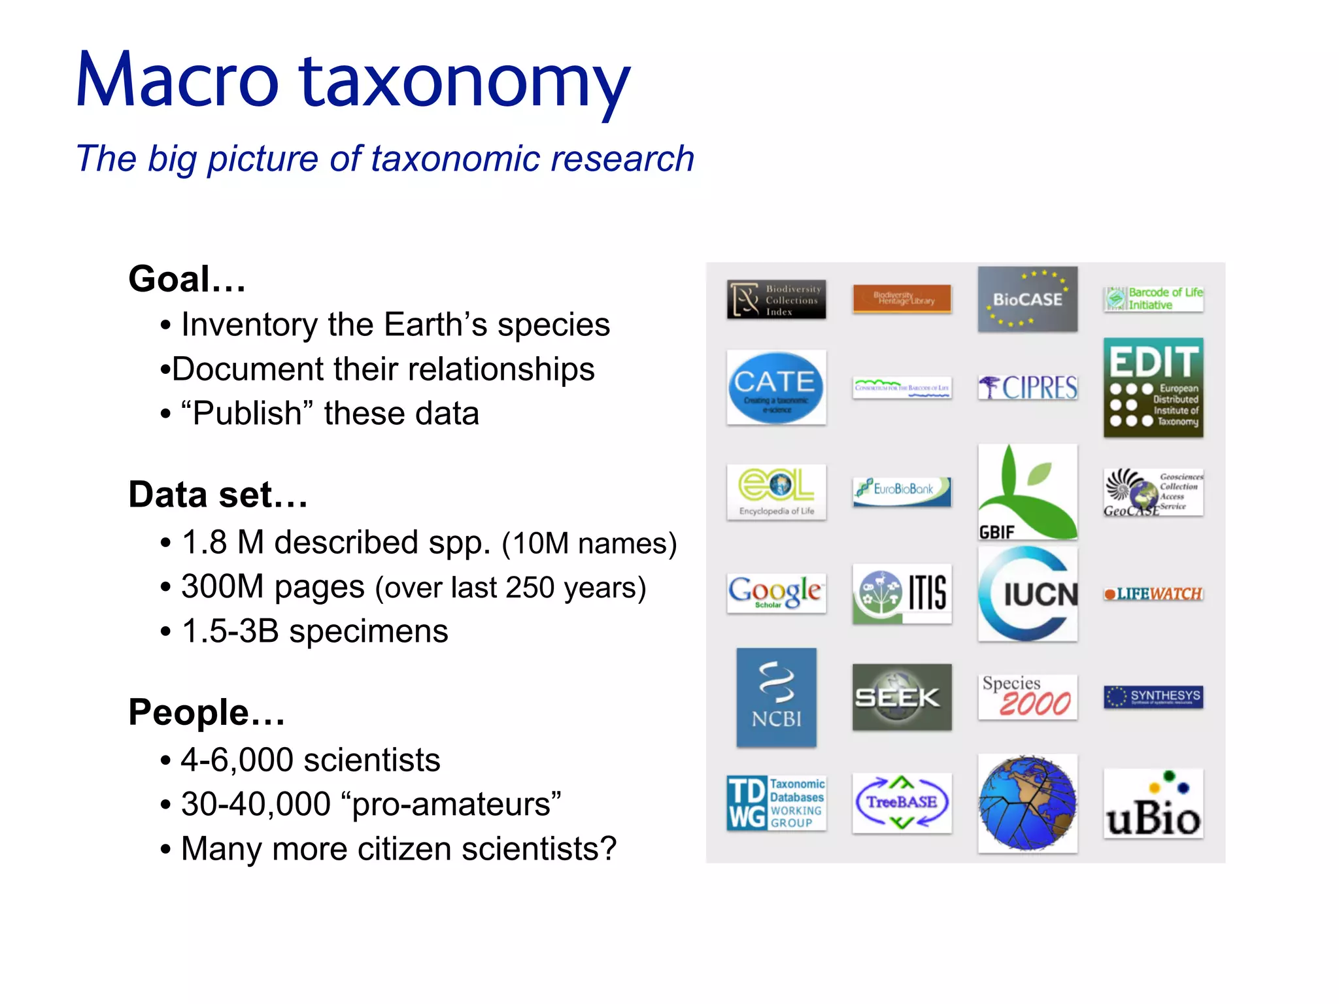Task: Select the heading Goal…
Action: (x=187, y=279)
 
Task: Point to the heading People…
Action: (x=207, y=712)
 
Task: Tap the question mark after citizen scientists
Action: (x=608, y=848)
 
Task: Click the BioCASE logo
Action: (x=1027, y=299)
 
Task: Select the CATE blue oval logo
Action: (x=776, y=387)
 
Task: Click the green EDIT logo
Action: (x=1153, y=387)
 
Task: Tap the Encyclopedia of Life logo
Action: (x=776, y=492)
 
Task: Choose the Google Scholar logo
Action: (x=776, y=592)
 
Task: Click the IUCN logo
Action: (x=1027, y=594)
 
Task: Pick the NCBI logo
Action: (x=776, y=697)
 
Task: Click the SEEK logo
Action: (x=902, y=697)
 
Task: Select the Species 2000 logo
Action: (x=1027, y=697)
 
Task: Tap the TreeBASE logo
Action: (x=902, y=802)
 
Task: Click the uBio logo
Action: (x=1153, y=805)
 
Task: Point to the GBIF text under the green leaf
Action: (x=996, y=532)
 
